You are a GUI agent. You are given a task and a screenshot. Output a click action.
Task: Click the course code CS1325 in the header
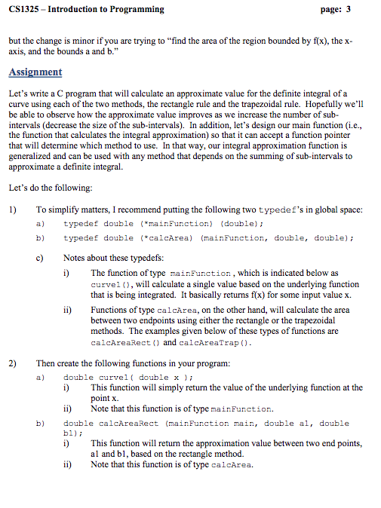coord(26,9)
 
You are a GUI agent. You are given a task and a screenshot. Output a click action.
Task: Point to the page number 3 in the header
coord(347,9)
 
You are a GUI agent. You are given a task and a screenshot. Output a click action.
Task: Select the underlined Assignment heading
coord(35,72)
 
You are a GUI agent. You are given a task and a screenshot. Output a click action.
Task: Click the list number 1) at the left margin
coord(13,210)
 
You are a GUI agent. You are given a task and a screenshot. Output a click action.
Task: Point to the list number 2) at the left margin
coord(13,363)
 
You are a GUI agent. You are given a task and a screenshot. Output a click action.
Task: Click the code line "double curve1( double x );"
coord(129,378)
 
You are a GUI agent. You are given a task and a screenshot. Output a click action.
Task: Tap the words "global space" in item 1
coord(337,210)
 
